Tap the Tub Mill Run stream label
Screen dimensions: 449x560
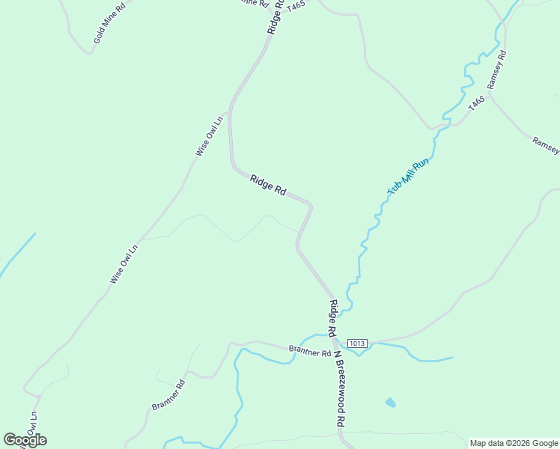[408, 177]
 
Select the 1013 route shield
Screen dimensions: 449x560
[357, 343]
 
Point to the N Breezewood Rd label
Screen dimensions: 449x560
[338, 389]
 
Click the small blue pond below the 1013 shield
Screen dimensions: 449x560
[390, 403]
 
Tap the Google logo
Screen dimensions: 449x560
[25, 440]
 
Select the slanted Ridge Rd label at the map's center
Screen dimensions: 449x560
[268, 185]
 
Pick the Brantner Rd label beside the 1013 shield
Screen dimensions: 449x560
[310, 351]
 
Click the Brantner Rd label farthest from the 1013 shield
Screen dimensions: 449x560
[168, 394]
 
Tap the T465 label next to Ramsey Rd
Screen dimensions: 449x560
[476, 103]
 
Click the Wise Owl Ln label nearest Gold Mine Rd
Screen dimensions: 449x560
[210, 135]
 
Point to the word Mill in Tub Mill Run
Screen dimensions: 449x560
[408, 177]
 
